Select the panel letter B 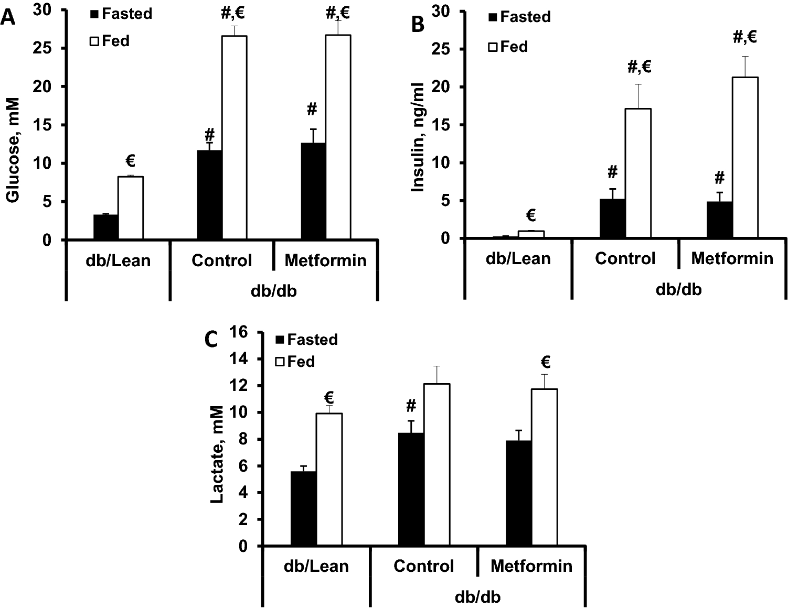pos(418,24)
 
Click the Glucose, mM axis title pos(13,149)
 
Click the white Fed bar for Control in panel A pos(234,137)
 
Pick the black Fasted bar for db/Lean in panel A pos(105,227)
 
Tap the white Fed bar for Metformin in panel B pos(745,157)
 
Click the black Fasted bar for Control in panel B pos(612,219)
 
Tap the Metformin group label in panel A pos(325,260)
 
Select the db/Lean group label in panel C pos(316,566)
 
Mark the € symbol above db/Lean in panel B pos(530,215)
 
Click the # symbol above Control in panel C pos(411,405)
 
